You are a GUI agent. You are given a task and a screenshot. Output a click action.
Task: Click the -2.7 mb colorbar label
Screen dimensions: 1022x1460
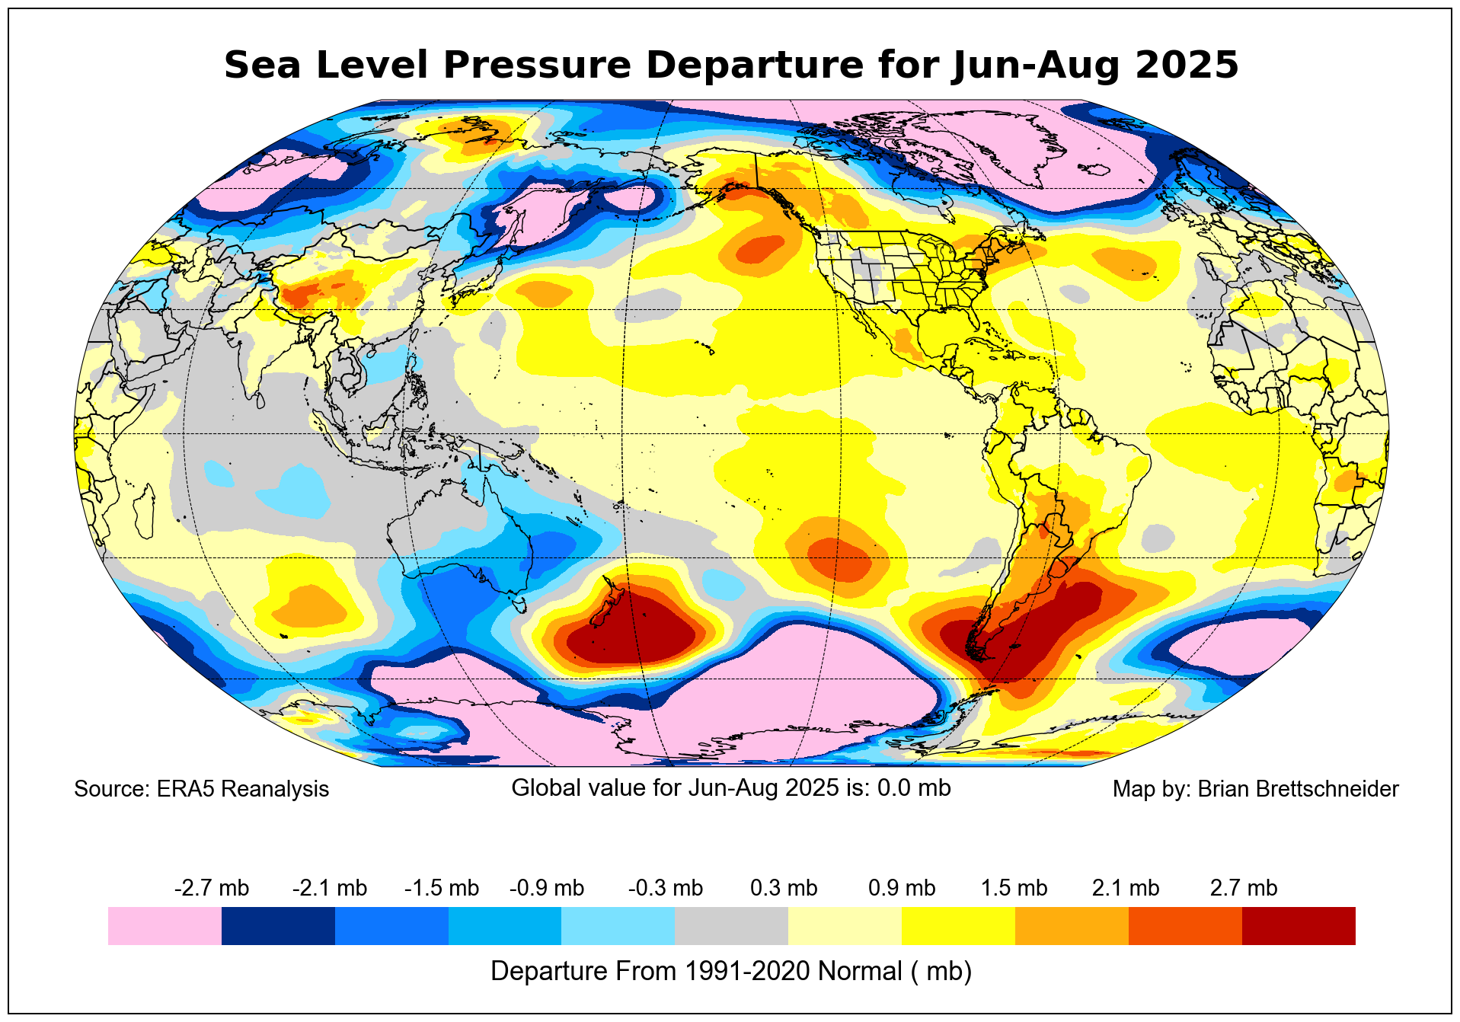point(212,888)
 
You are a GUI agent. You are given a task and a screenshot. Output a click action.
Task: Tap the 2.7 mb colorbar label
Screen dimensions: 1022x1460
point(1243,888)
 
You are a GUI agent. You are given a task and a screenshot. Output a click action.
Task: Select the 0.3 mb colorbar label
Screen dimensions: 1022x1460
point(784,888)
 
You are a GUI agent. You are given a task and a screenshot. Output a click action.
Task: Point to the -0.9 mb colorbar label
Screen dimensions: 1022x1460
point(546,888)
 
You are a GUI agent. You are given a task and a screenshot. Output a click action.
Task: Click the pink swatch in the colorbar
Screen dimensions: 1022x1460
point(165,926)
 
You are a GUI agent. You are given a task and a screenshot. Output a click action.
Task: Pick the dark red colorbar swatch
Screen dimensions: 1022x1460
point(1299,926)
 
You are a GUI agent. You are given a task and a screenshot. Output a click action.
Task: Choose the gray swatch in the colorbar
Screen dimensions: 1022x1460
point(731,926)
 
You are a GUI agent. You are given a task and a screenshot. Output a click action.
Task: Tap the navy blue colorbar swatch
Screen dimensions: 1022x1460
point(278,926)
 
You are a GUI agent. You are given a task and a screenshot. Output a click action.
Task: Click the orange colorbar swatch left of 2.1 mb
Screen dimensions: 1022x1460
point(1072,926)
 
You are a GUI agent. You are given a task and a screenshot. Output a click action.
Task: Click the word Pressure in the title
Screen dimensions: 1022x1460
point(537,65)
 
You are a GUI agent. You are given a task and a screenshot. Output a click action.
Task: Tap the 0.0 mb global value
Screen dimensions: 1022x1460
point(913,787)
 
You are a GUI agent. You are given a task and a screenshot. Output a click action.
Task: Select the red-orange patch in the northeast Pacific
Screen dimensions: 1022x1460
point(758,249)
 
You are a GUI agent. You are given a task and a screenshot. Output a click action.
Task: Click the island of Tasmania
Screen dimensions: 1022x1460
point(521,606)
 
